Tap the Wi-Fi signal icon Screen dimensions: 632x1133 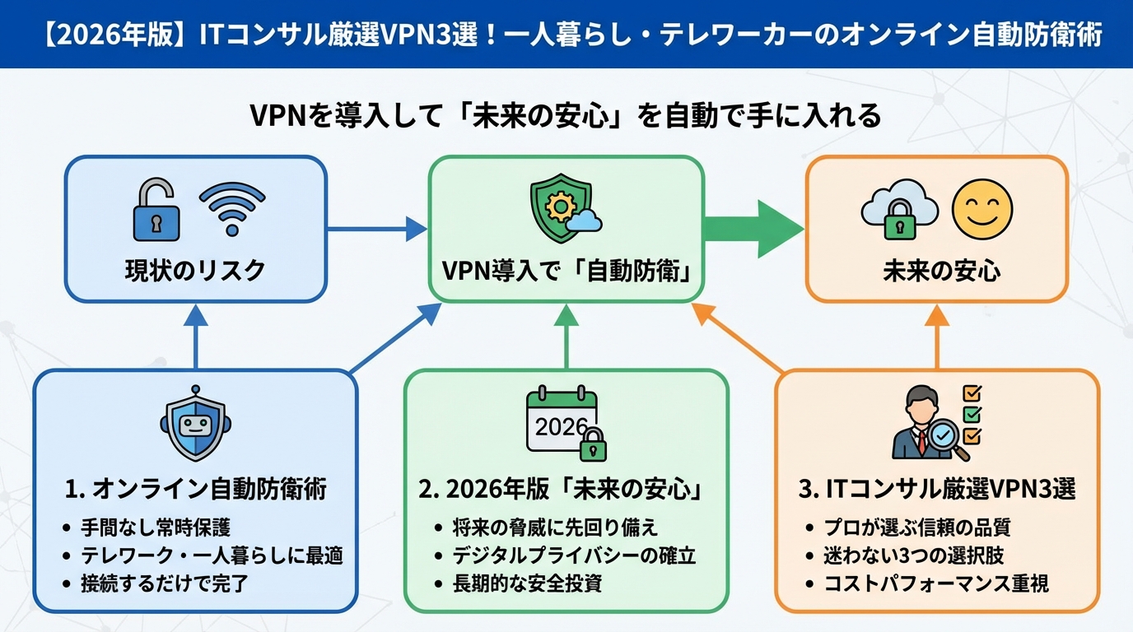coord(231,210)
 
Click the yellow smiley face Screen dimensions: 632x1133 coord(981,208)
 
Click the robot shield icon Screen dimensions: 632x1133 coord(195,425)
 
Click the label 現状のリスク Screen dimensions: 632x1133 coord(195,271)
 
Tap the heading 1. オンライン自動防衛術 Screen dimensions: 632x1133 coord(195,490)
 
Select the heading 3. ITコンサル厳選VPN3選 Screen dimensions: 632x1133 coord(937,490)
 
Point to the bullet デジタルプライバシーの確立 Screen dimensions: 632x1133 coord(574,555)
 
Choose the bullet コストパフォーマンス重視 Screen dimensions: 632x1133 coord(936,583)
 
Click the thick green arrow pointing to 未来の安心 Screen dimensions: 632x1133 coord(753,228)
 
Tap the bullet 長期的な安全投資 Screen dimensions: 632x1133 coord(527,583)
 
